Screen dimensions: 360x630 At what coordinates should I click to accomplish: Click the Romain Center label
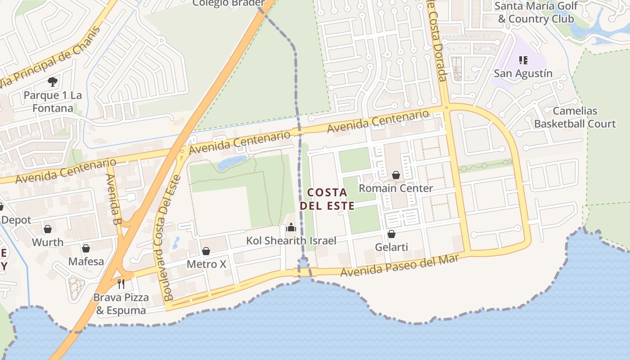[x=396, y=188]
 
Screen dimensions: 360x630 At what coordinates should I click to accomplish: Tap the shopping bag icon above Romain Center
[x=396, y=175]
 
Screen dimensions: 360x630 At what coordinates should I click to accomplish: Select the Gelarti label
[x=391, y=247]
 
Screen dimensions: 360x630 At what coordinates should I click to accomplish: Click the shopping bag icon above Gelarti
[x=391, y=234]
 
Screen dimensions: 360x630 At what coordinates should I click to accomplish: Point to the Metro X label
[x=206, y=264]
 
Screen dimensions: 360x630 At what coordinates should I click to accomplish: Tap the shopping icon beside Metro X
[x=206, y=251]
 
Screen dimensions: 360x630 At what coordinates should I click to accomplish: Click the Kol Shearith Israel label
[x=291, y=241]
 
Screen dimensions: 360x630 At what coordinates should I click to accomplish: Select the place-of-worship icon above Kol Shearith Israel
[x=291, y=227]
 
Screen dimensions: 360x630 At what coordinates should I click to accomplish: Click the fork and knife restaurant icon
[x=121, y=283]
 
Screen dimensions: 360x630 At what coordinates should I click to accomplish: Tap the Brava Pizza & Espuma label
[x=121, y=304]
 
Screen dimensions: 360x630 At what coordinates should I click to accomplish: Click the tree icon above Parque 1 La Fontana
[x=53, y=82]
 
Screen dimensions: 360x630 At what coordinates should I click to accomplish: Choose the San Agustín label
[x=523, y=73]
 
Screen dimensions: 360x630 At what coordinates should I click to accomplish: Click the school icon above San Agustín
[x=523, y=60]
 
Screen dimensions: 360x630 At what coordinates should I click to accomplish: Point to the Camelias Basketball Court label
[x=575, y=117]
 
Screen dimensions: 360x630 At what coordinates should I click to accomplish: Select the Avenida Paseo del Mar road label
[x=400, y=266]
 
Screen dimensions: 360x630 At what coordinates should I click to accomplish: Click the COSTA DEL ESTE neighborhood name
[x=327, y=199]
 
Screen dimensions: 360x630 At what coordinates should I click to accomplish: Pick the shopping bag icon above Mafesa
[x=86, y=248]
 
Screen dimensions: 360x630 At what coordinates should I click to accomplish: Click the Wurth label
[x=48, y=242]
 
